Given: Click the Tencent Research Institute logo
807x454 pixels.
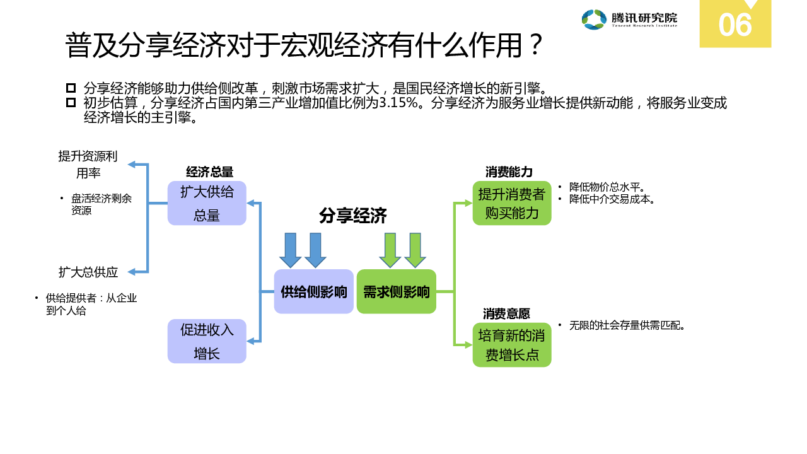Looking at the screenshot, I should (629, 20).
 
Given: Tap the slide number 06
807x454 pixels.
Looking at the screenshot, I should (735, 26).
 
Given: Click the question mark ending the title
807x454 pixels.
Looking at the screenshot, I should (535, 45).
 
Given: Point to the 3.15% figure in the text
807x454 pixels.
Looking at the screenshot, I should (399, 103).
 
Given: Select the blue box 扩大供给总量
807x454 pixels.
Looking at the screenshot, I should (207, 203).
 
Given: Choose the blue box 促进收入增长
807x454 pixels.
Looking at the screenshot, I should (207, 341).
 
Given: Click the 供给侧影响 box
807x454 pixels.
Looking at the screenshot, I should (314, 292).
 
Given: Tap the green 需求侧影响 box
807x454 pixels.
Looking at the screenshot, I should (397, 292).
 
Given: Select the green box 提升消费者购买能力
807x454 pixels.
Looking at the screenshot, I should (512, 203).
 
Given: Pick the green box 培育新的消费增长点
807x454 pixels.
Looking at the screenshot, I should (512, 345).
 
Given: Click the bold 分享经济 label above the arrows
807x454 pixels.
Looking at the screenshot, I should (353, 216).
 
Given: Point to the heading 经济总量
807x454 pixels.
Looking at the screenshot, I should (210, 172).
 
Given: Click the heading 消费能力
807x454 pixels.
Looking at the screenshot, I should (509, 172).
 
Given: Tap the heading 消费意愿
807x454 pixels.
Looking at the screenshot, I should (506, 314).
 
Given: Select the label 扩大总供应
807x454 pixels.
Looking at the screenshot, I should (88, 272).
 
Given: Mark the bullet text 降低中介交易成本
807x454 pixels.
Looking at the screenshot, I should (612, 199).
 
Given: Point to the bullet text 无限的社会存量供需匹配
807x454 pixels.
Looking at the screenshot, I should (627, 326).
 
